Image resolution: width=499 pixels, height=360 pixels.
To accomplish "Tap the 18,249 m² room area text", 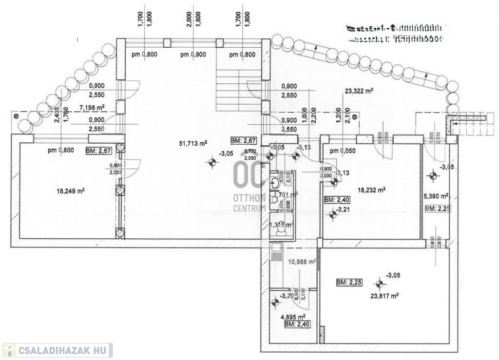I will pos(71,191).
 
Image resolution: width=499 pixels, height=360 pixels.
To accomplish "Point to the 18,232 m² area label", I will pos(371,190).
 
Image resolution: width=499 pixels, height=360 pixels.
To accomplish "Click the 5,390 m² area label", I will pos(435,196).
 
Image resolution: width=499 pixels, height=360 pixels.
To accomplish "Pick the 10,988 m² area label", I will pos(303,261).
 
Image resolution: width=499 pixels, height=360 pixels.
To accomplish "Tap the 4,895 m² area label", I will pos(295,316).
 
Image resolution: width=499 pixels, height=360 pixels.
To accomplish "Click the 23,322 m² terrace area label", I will pos(359,91).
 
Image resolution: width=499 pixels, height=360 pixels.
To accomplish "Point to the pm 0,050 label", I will pos(343,151).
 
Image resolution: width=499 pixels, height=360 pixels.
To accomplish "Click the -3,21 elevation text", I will pos(345,209).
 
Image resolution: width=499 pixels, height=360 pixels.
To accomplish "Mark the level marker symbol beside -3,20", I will pos(274,302).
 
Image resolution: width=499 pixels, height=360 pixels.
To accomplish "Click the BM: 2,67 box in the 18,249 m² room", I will pos(99,151).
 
